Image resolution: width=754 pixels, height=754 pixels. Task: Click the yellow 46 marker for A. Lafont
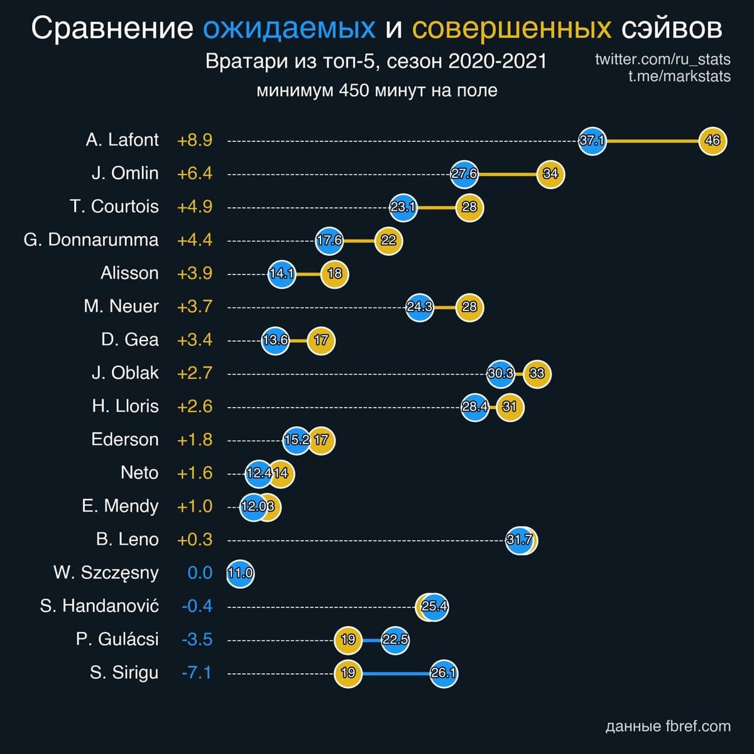[713, 141]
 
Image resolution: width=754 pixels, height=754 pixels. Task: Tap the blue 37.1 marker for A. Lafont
[592, 141]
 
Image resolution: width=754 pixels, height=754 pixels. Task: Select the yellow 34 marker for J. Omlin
[550, 174]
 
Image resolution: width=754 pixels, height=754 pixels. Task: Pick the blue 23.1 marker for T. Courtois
[403, 207]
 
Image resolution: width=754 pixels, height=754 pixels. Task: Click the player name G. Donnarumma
[91, 240]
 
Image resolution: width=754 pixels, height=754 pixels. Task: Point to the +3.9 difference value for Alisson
[195, 273]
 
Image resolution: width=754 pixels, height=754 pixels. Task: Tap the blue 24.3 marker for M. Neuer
[419, 307]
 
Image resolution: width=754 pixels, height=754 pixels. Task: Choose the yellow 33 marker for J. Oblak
[537, 374]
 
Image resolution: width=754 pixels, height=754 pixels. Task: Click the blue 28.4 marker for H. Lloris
[474, 407]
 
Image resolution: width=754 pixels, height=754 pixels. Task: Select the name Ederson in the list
[124, 439]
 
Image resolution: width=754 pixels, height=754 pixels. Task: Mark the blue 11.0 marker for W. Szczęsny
[240, 574]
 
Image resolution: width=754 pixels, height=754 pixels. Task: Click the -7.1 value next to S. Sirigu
[197, 673]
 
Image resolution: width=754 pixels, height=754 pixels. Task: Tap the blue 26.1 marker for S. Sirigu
[444, 674]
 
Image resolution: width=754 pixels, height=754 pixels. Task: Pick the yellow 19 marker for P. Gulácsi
[348, 640]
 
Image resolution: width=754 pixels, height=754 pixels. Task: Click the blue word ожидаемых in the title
[290, 28]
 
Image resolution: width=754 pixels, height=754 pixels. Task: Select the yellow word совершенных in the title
[511, 28]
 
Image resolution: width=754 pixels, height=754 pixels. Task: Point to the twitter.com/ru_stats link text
[662, 60]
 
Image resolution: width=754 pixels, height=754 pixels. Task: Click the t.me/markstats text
[679, 77]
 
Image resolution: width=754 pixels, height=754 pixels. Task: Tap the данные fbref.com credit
[668, 727]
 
